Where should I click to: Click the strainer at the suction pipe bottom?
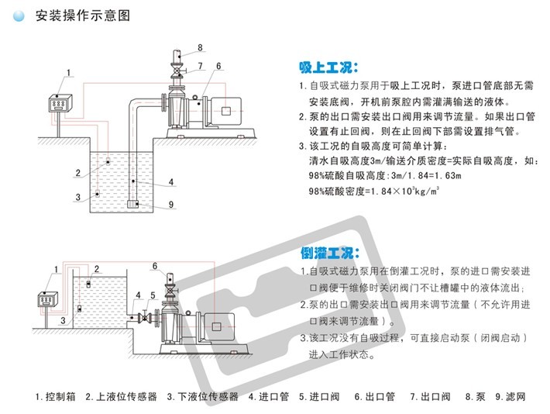(x=134, y=205)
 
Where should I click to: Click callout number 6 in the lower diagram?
(x=156, y=266)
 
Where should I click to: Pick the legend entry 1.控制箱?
(x=55, y=396)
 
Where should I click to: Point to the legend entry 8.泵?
(x=474, y=396)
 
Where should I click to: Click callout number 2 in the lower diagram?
(x=97, y=269)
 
